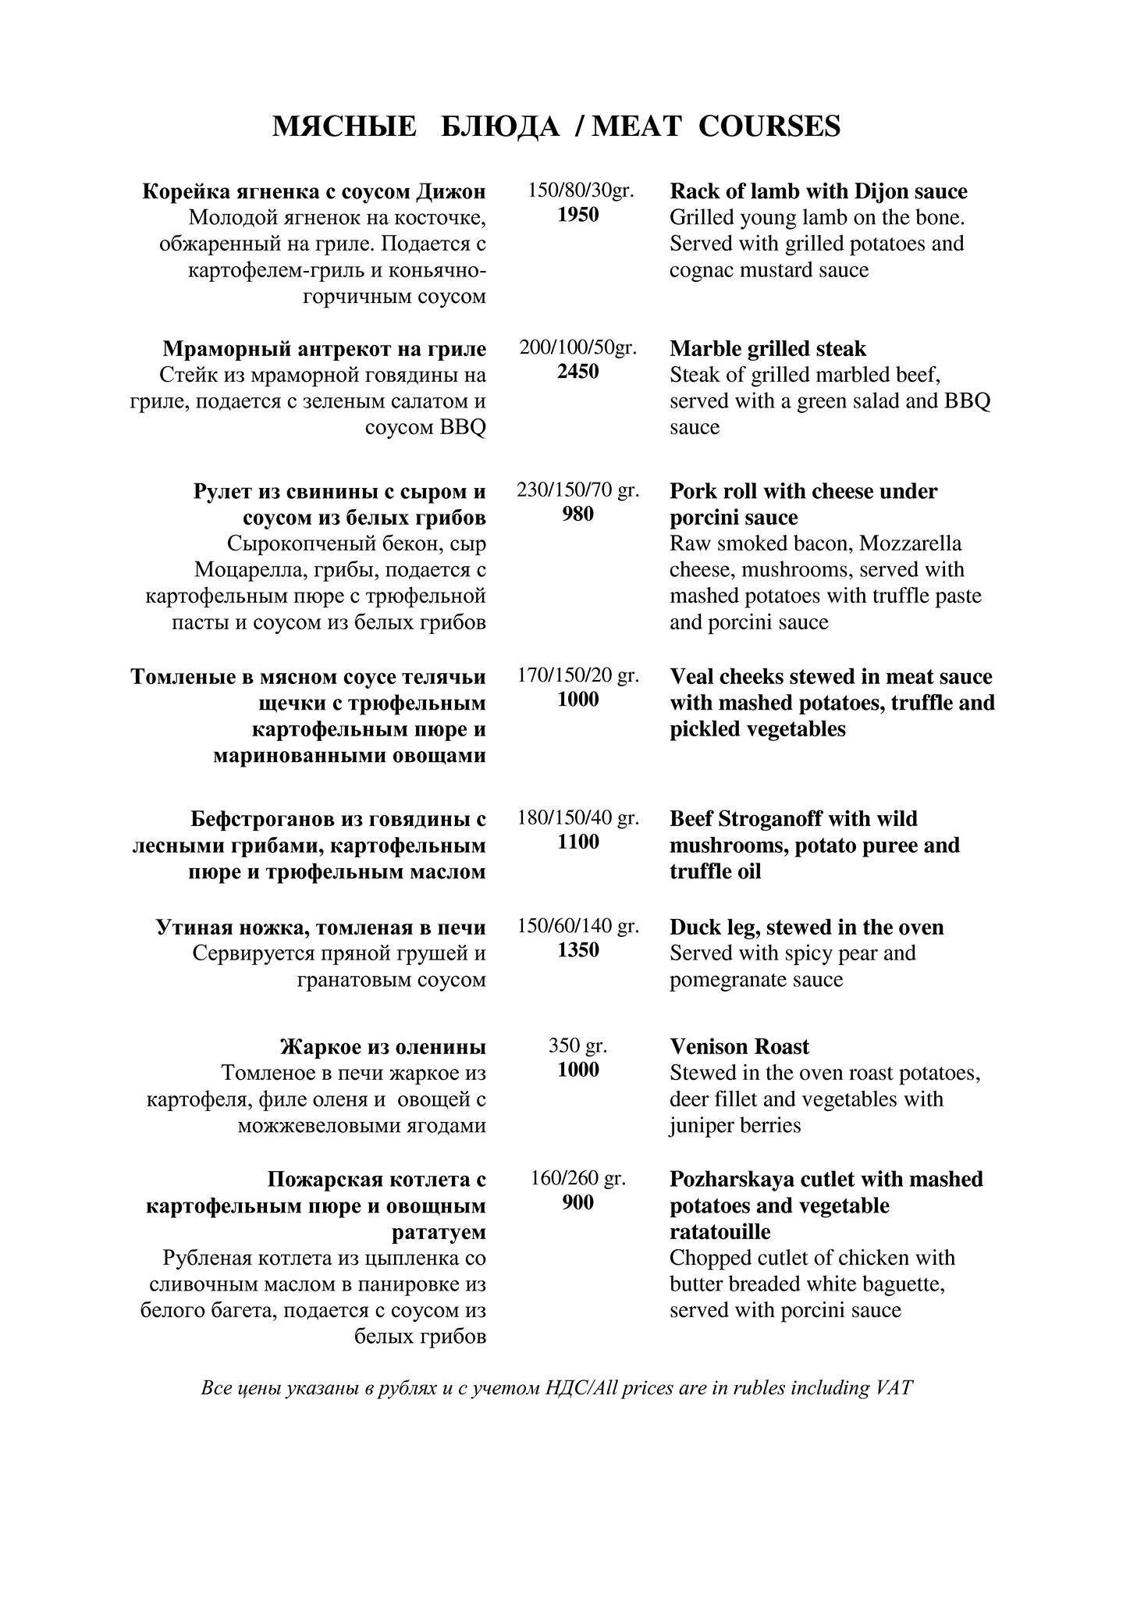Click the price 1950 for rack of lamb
[577, 215]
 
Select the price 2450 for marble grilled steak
[577, 372]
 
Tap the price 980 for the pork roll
[577, 515]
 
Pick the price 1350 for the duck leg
[577, 950]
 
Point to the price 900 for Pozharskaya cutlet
[577, 1202]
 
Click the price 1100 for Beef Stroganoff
[577, 842]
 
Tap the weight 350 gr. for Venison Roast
[577, 1045]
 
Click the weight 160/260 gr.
[577, 1178]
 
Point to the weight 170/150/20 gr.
[577, 675]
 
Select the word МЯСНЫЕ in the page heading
[344, 126]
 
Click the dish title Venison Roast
[739, 1046]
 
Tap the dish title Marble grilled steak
[767, 348]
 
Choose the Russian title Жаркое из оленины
[382, 1046]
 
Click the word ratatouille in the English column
[720, 1232]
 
